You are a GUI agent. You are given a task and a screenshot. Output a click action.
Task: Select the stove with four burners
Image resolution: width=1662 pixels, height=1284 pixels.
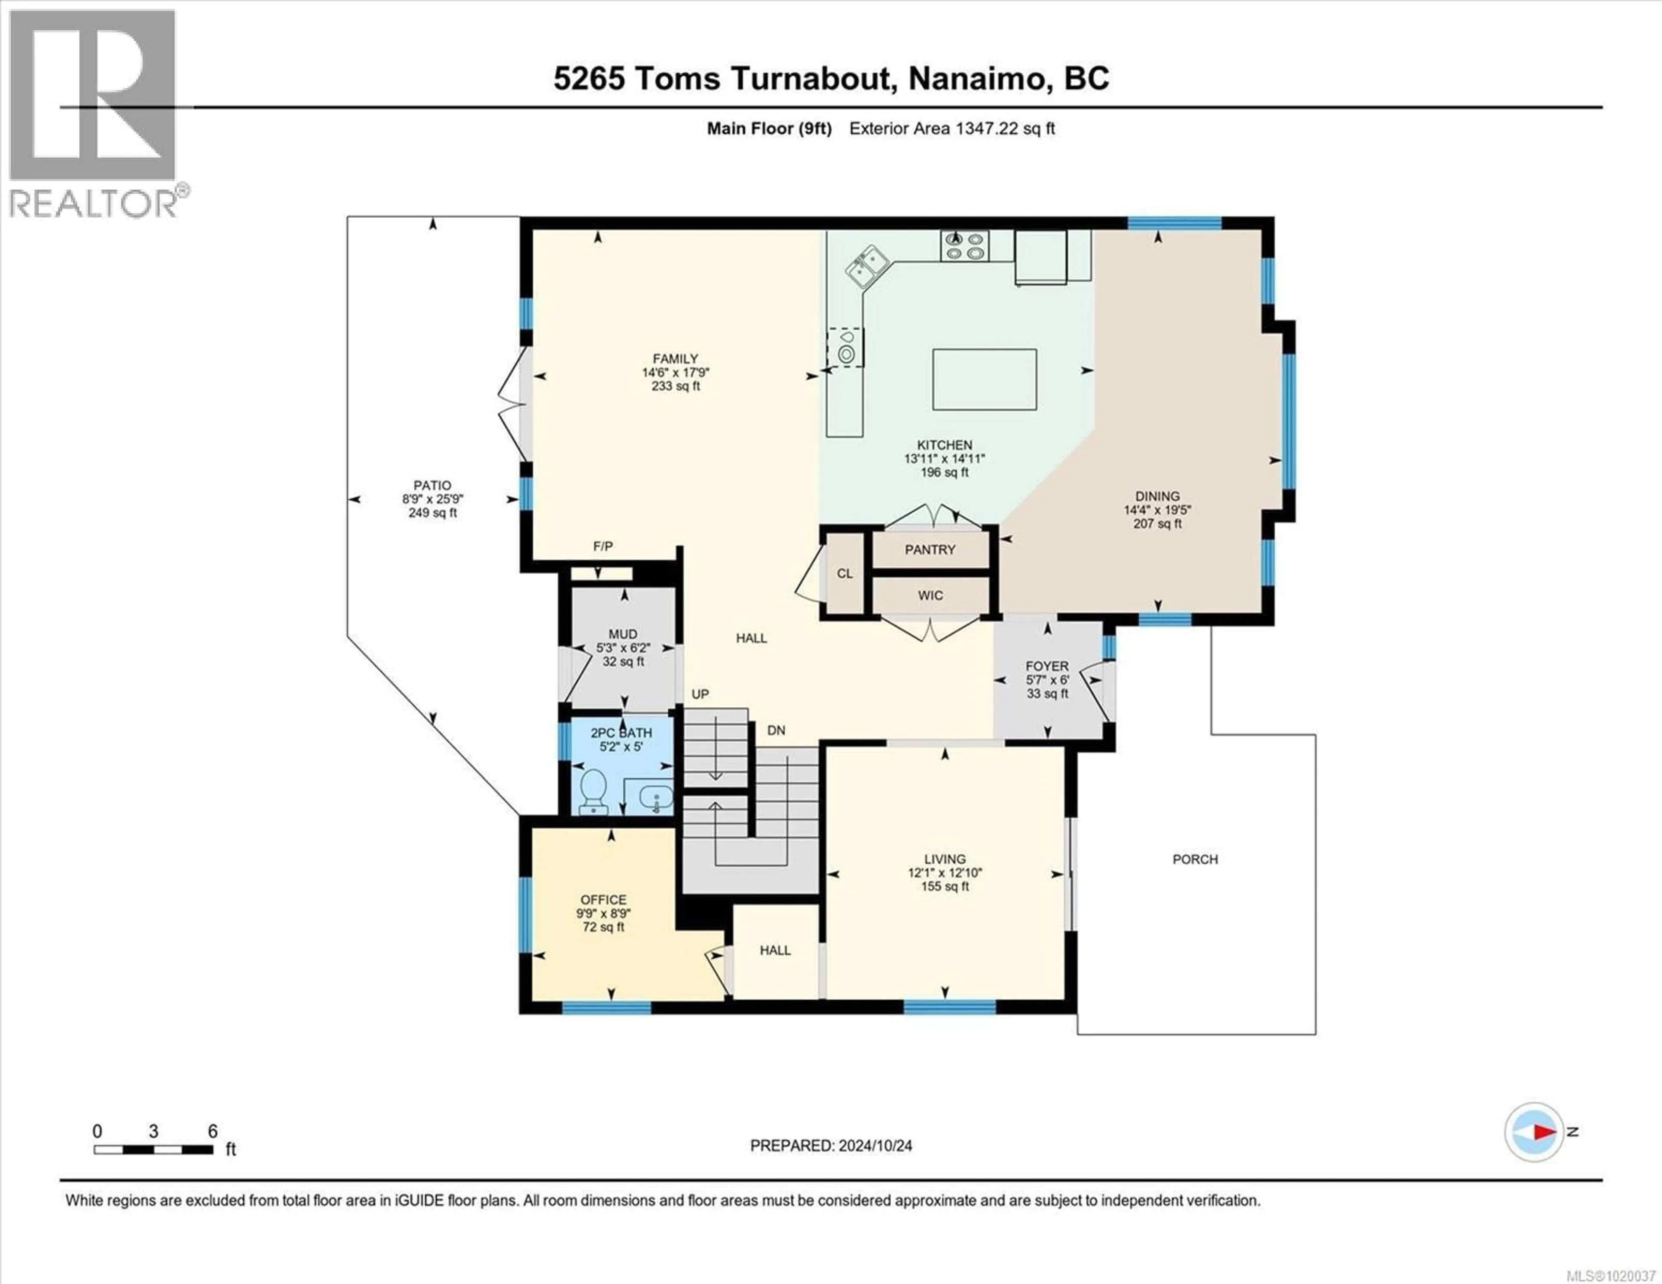[x=964, y=246]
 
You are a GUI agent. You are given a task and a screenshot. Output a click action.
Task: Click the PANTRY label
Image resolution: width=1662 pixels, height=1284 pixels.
[x=930, y=550]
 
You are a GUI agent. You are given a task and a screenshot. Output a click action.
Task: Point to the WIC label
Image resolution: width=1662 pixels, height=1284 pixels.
[x=930, y=595]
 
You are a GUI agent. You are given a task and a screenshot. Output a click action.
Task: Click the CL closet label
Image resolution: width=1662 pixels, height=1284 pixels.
[x=845, y=573]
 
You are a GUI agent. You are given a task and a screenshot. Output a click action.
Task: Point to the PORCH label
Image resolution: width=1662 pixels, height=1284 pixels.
[x=1195, y=859]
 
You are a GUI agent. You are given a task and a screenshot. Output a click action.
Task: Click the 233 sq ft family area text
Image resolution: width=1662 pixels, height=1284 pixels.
[x=675, y=386]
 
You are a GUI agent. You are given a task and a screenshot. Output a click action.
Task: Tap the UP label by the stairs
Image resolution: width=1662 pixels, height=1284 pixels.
[x=700, y=694]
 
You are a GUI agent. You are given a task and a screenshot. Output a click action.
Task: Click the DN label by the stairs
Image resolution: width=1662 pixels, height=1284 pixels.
[x=776, y=730]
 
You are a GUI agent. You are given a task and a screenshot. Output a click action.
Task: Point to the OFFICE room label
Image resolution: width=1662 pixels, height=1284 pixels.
[x=603, y=900]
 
